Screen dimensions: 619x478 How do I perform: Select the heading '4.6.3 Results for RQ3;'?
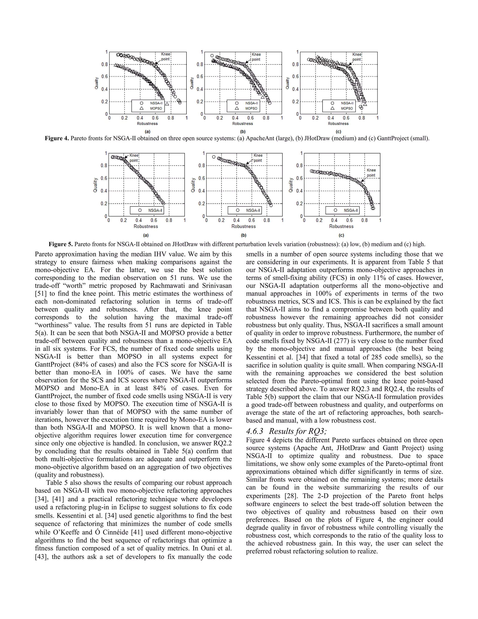pyautogui.click(x=286, y=431)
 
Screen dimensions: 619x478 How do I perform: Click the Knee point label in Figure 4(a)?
pyautogui.click(x=166, y=57)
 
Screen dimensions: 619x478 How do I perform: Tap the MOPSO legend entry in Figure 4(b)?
pyautogui.click(x=251, y=108)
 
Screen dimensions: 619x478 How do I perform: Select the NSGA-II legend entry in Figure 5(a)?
pyautogui.click(x=155, y=210)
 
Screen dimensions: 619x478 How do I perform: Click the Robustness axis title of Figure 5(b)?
pyautogui.click(x=243, y=226)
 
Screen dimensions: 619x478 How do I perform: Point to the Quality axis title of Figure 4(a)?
pyautogui.click(x=97, y=83)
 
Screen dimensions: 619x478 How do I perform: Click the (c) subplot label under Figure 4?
pyautogui.click(x=338, y=132)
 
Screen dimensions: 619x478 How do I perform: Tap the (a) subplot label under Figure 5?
pyautogui.click(x=146, y=235)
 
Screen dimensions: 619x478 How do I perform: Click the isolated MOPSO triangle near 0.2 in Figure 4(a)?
pyautogui.click(x=167, y=104)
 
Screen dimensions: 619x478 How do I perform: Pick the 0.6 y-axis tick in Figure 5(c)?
pyautogui.click(x=299, y=178)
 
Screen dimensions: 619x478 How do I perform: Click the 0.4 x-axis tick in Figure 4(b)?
pyautogui.click(x=235, y=118)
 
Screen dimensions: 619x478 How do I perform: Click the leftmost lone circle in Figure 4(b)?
pyautogui.click(x=212, y=56)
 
